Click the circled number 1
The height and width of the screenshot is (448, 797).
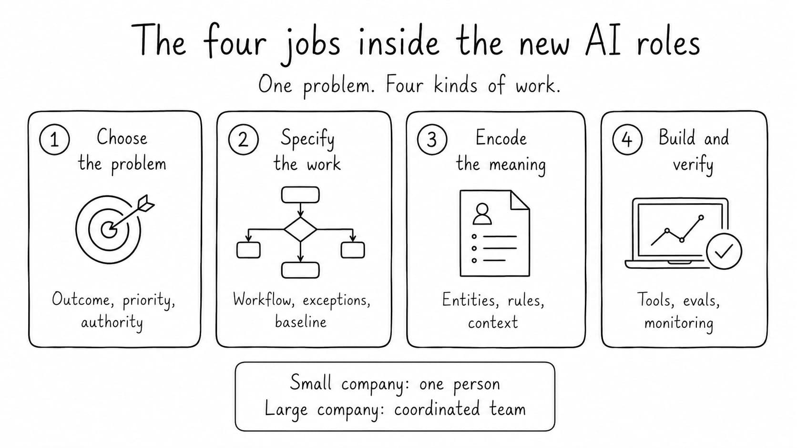coord(54,139)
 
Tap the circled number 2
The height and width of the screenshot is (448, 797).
coord(244,139)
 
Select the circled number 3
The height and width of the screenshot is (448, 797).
coord(432,139)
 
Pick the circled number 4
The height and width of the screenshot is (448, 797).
coord(627,139)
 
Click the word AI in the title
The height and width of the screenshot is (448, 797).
coord(603,40)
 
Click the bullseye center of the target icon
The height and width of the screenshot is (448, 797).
coord(109,229)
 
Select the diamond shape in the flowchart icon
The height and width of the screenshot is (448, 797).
coord(300,229)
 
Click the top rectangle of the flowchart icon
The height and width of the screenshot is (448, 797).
coord(300,195)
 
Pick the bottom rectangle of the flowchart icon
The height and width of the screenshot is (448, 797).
coord(300,270)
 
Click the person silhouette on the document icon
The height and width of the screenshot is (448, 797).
coord(482,214)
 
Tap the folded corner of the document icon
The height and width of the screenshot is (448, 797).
coord(520,200)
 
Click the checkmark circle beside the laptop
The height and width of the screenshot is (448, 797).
coord(724,251)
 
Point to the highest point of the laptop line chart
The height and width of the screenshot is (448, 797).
coord(701,217)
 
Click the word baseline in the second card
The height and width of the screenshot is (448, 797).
coord(301,321)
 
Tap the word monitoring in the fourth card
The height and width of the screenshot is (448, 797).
coord(679,323)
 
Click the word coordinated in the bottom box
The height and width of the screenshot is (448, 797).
coord(437,409)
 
